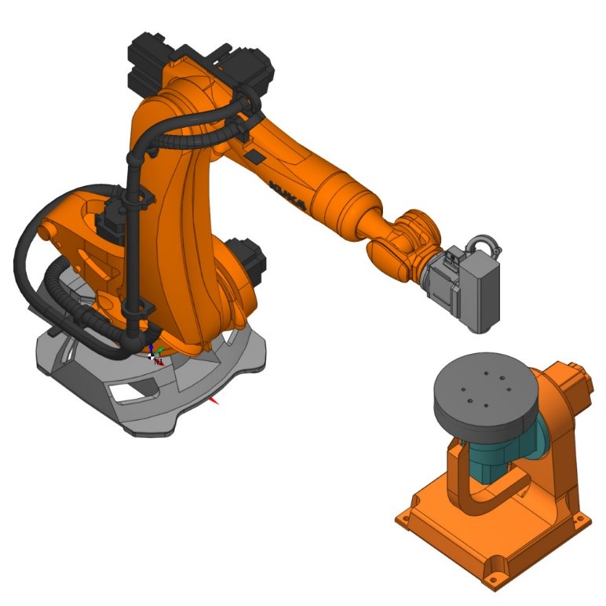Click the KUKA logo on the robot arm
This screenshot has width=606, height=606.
[x=288, y=195]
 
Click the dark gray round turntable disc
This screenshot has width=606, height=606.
[x=486, y=392]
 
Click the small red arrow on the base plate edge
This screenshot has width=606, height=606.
[x=214, y=401]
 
